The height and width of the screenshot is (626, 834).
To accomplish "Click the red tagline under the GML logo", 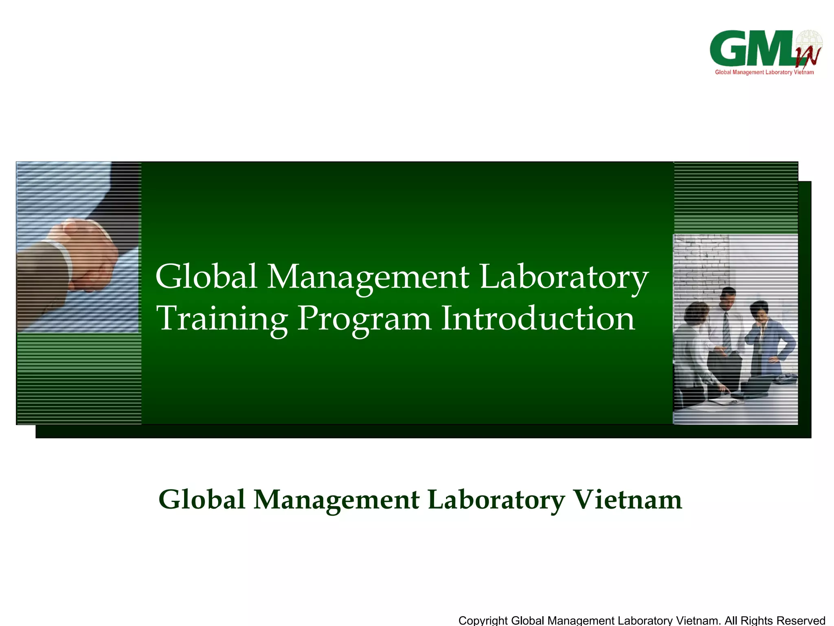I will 764,73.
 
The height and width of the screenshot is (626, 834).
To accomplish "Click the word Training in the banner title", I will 222,319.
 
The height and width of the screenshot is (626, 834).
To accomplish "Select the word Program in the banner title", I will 364,319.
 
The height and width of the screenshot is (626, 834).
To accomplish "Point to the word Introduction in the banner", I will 538,319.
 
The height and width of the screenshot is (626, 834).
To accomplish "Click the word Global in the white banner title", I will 206,276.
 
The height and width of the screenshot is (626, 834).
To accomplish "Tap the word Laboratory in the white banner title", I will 564,276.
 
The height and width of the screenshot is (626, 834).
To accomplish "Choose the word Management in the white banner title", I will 368,276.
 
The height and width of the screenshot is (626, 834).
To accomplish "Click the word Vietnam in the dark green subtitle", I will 627,499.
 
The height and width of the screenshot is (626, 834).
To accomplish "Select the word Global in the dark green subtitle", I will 202,499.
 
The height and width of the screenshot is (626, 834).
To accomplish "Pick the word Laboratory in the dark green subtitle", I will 496,499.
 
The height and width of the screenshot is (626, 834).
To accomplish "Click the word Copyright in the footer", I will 483,620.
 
